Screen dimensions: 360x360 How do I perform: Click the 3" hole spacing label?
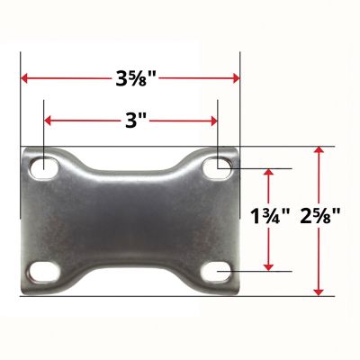click(x=130, y=121)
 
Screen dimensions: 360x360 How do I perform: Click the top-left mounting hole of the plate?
click(x=42, y=167)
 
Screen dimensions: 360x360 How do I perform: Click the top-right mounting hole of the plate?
click(x=219, y=166)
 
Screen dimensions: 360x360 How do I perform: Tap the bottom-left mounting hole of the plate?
click(x=42, y=270)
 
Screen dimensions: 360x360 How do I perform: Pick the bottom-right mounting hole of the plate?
click(x=219, y=270)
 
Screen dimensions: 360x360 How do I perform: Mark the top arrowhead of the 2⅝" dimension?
click(x=316, y=154)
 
